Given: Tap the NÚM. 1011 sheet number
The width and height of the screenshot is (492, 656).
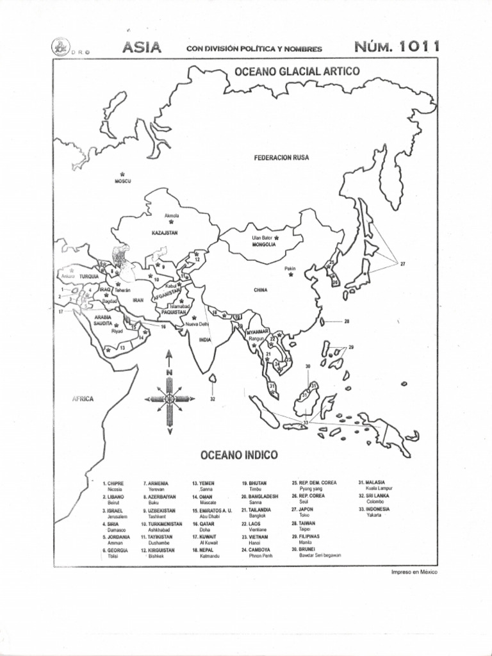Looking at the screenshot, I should coord(396,47).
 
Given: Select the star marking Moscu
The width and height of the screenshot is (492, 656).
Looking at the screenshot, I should coord(122,174).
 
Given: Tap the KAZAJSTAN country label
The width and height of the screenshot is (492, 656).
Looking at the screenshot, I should coord(165,233).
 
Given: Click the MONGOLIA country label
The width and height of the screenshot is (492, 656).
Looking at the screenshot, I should coord(264,244).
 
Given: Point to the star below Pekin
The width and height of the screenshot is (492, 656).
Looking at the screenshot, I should coord(291,275).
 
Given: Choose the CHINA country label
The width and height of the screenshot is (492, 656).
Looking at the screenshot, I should coord(260,290).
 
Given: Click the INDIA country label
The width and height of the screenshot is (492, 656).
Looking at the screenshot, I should coord(205,340).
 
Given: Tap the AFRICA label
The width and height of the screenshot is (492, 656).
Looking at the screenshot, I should coord(83,398).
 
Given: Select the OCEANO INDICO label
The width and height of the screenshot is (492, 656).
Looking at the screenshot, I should coord(239,455).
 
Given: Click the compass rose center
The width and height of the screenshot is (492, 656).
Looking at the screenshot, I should coord(169,398).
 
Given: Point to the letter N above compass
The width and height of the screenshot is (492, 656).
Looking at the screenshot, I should coord(169,372).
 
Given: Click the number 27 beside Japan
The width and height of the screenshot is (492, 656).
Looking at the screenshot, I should coord(403,263).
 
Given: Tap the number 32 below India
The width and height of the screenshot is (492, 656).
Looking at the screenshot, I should coord(212,398).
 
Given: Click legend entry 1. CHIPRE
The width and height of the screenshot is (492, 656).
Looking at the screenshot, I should coord(113,482).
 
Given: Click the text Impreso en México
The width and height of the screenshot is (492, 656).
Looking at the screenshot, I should coord(414,572).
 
